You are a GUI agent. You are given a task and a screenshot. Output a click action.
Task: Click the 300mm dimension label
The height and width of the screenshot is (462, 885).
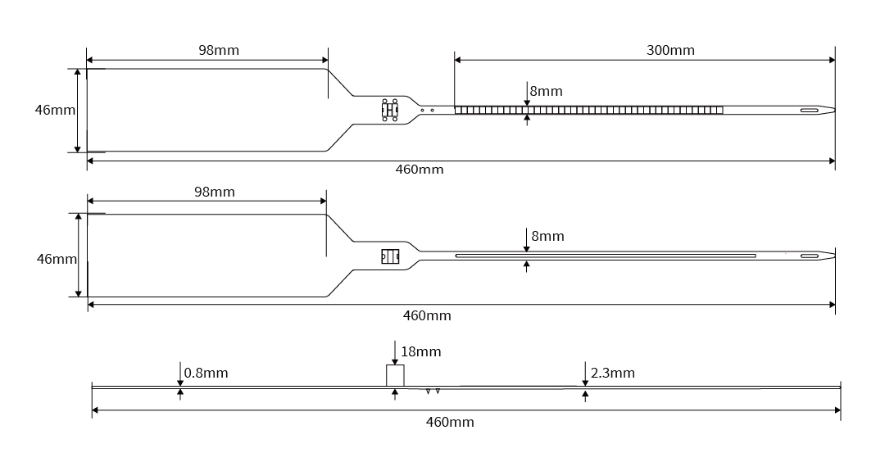point(670,50)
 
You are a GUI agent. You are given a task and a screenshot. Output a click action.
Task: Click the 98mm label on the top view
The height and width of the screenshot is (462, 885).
point(219,50)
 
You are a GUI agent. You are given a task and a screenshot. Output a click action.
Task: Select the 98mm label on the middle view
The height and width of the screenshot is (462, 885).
point(214,192)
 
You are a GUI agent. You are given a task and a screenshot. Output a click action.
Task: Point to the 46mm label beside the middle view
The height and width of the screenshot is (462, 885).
point(57,259)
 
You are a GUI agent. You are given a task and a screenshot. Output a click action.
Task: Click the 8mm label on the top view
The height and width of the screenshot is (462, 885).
point(547,91)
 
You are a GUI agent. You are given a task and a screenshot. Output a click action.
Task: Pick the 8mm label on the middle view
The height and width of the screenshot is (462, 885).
point(547,236)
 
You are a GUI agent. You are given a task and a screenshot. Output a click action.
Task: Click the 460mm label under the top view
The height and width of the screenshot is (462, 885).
point(420,170)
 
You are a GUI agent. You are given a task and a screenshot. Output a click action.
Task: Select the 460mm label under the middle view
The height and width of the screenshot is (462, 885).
point(427,315)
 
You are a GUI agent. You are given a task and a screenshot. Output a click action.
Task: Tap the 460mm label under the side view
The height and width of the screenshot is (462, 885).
point(450,422)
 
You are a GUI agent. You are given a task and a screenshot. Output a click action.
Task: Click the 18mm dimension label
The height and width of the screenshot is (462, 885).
point(421,352)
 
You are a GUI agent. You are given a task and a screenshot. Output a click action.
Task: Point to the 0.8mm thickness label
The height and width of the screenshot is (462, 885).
point(206,374)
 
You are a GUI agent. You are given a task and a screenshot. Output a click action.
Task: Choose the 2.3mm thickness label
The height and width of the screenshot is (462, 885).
point(612,374)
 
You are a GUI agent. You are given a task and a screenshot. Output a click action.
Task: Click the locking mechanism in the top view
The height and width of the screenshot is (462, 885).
point(389,110)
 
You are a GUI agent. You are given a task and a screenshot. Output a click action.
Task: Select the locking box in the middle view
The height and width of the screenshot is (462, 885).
point(389,256)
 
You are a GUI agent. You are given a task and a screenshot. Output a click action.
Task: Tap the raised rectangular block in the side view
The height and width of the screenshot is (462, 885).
point(395,375)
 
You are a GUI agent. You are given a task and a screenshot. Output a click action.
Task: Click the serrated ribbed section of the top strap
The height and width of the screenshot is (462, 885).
point(588,110)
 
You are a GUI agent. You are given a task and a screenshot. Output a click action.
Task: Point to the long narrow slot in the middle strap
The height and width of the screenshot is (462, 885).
point(605,256)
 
